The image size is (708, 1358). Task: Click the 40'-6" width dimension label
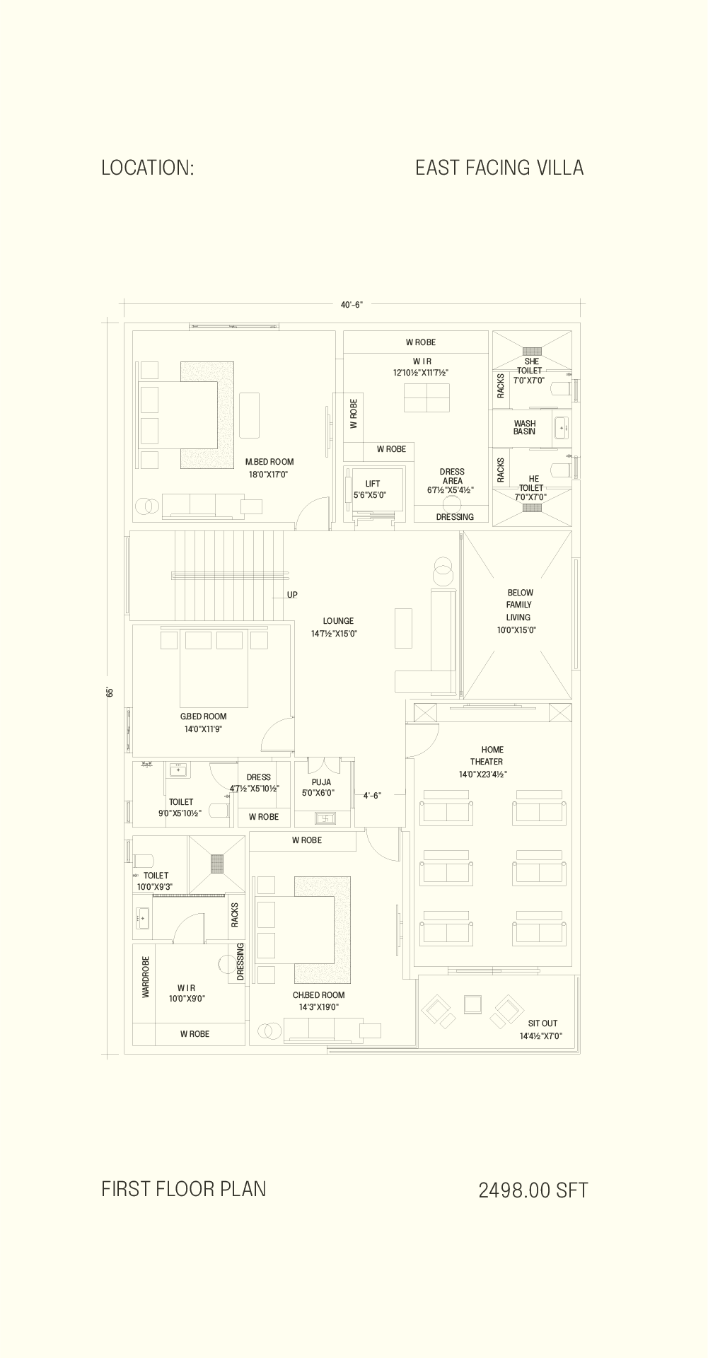click(x=352, y=305)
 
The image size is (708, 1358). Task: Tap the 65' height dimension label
click(x=110, y=692)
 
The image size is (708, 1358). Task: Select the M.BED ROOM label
click(x=269, y=462)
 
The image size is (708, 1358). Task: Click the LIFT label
click(x=373, y=484)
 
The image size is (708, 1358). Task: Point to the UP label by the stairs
click(x=292, y=595)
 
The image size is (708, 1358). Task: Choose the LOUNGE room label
click(x=338, y=621)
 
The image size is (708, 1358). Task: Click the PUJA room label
click(x=321, y=782)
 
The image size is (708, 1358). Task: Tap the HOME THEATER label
click(x=487, y=755)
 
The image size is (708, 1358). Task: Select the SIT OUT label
click(x=542, y=1023)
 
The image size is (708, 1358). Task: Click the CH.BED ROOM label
click(x=319, y=995)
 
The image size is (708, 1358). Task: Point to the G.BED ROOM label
click(x=204, y=716)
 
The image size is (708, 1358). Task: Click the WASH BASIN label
click(x=525, y=427)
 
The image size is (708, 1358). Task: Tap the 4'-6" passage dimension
click(x=372, y=796)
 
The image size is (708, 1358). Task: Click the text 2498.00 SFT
click(x=533, y=1190)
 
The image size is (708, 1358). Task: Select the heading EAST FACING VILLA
click(x=499, y=168)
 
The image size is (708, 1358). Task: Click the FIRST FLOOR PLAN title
click(x=184, y=1188)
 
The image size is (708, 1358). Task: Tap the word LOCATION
click(x=145, y=168)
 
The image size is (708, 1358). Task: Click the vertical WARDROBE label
click(x=146, y=977)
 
